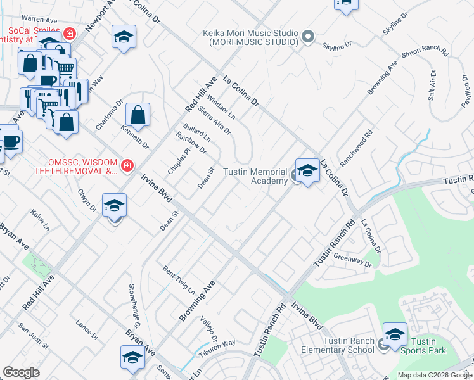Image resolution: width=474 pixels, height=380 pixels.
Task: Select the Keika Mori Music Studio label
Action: (x=250, y=37)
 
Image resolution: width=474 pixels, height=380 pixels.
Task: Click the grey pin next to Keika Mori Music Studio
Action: (x=307, y=37)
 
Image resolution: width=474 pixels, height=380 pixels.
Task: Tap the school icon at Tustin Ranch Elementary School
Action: (x=395, y=335)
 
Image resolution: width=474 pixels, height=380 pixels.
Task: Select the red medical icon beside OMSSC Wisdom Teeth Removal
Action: (x=127, y=166)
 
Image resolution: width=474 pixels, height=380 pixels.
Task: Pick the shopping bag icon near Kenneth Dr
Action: (x=138, y=115)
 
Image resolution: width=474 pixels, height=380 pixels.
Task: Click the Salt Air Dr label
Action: (x=433, y=86)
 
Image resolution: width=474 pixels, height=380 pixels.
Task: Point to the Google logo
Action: (x=22, y=372)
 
